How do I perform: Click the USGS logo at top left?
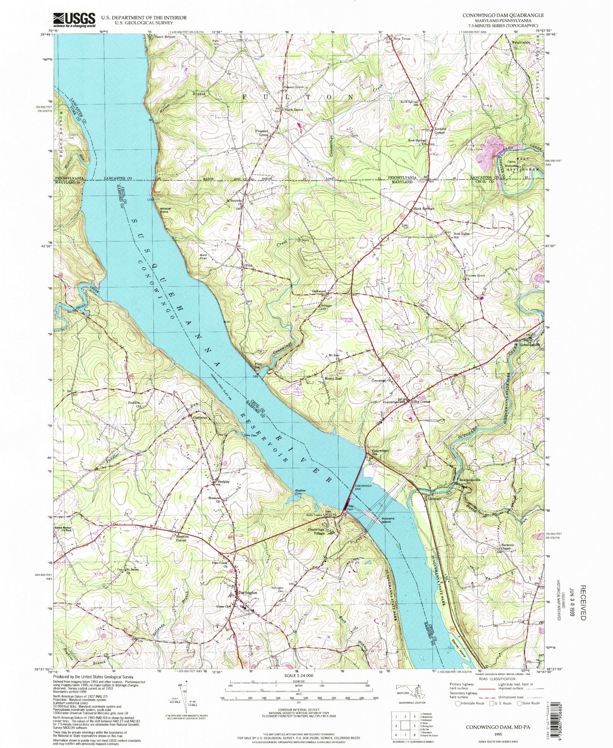pyautogui.click(x=74, y=20)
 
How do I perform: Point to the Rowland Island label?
pyautogui.click(x=388, y=520)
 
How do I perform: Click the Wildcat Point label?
pyautogui.click(x=165, y=210)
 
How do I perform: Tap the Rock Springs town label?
pyautogui.click(x=424, y=209)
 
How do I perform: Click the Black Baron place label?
pyautogui.click(x=293, y=110)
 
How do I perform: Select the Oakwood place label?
pyautogui.click(x=319, y=291)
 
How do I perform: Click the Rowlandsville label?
pyautogui.click(x=470, y=480)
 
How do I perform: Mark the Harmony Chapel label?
pyautogui.click(x=508, y=547)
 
